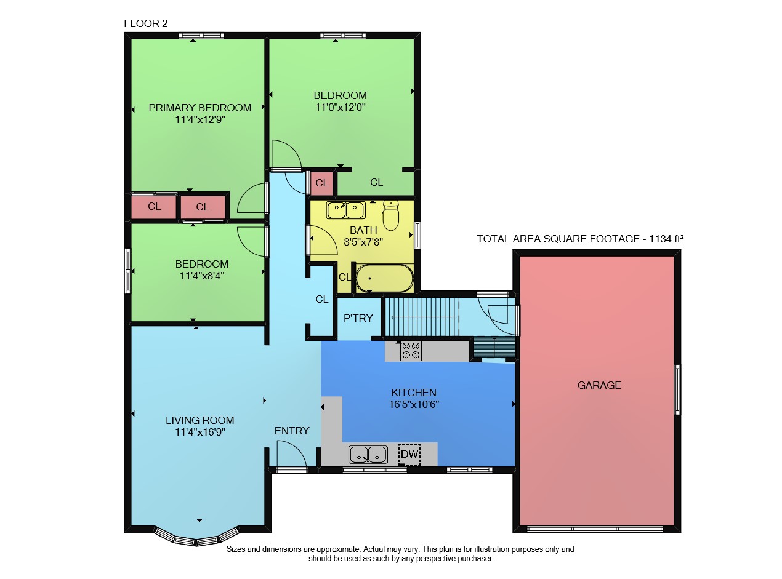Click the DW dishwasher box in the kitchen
pyautogui.click(x=409, y=454)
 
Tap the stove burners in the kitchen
pyautogui.click(x=411, y=350)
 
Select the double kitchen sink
pyautogui.click(x=368, y=454)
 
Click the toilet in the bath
pyautogui.click(x=390, y=215)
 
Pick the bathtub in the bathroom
pyautogui.click(x=384, y=278)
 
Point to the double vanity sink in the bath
pyautogui.click(x=345, y=210)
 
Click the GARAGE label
pyautogui.click(x=599, y=385)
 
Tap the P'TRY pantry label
pyautogui.click(x=358, y=318)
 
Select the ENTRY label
pyautogui.click(x=292, y=431)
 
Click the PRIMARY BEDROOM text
pyautogui.click(x=200, y=108)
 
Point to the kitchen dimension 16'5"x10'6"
pyautogui.click(x=414, y=404)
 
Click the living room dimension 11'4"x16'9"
pyautogui.click(x=200, y=432)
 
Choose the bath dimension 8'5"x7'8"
pyautogui.click(x=363, y=242)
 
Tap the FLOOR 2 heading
pyautogui.click(x=145, y=23)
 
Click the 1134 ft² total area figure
pyautogui.click(x=666, y=239)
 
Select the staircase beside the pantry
pyautogui.click(x=422, y=317)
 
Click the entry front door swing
pyautogui.click(x=292, y=455)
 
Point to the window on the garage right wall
pyautogui.click(x=677, y=389)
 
